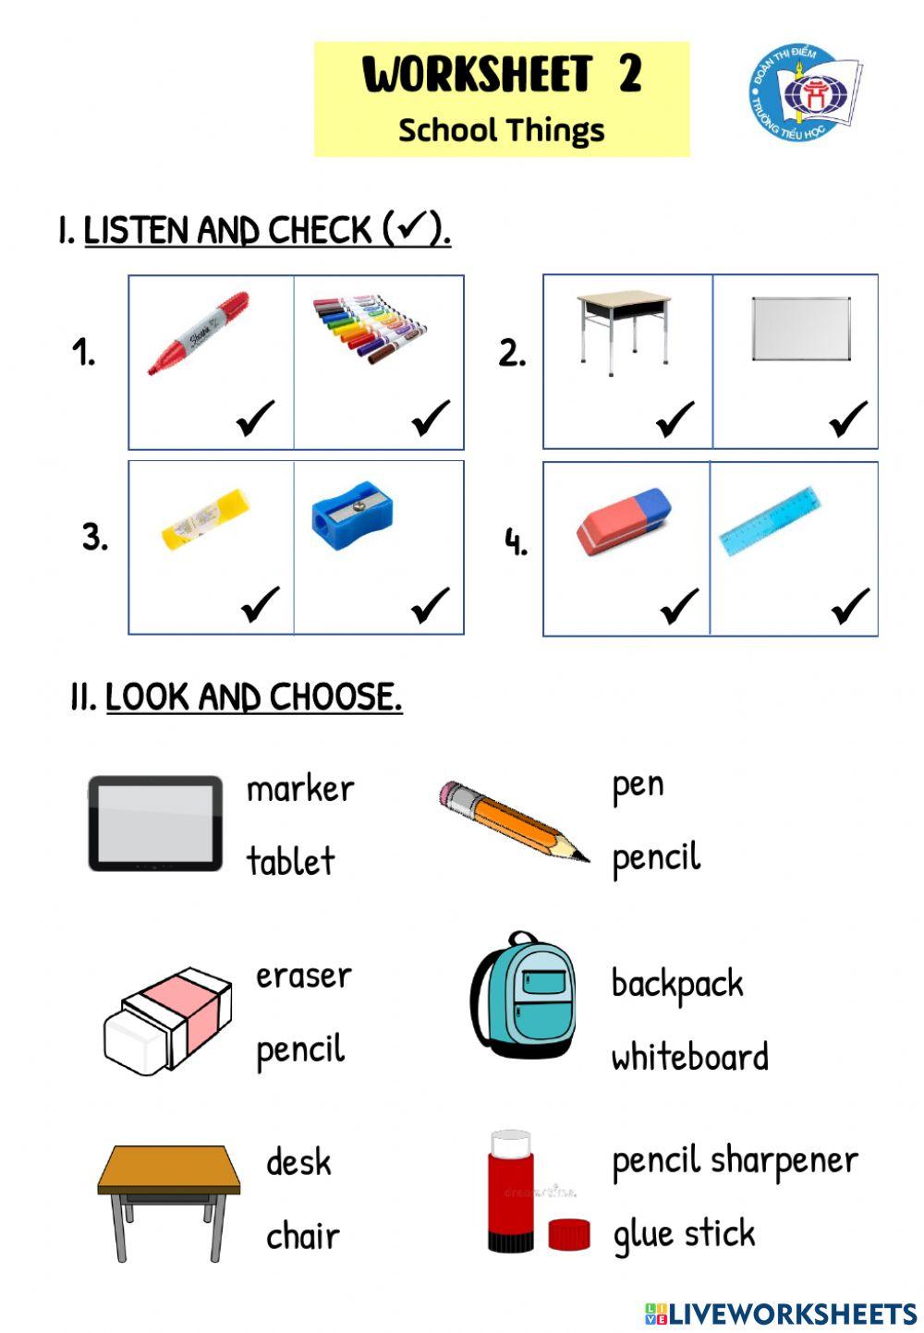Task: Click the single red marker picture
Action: click(199, 333)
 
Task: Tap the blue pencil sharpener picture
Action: click(351, 512)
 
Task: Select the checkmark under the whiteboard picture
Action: click(848, 419)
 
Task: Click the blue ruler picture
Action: click(770, 521)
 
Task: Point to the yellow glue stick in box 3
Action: click(205, 519)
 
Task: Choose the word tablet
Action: click(290, 861)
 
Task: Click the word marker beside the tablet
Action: click(300, 789)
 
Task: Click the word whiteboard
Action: click(689, 1057)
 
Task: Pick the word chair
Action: click(302, 1235)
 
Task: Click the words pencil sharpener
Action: click(735, 1161)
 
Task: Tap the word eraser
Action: click(303, 976)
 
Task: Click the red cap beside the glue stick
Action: click(568, 1234)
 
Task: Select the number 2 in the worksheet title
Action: click(630, 74)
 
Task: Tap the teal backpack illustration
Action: click(524, 996)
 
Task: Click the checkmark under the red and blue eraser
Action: click(679, 607)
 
